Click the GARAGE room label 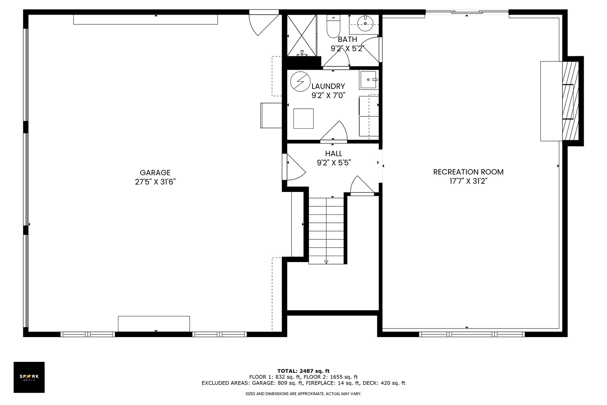pyautogui.click(x=155, y=172)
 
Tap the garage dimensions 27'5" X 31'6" pyautogui.click(x=155, y=182)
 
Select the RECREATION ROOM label pyautogui.click(x=468, y=172)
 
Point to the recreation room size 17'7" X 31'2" pyautogui.click(x=468, y=181)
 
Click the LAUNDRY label pyautogui.click(x=328, y=86)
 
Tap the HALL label pyautogui.click(x=333, y=153)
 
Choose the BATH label pyautogui.click(x=347, y=39)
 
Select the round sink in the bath pyautogui.click(x=365, y=24)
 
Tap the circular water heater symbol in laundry pyautogui.click(x=301, y=81)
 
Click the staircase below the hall pyautogui.click(x=326, y=231)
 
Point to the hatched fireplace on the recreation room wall pyautogui.click(x=571, y=100)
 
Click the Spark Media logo pyautogui.click(x=29, y=377)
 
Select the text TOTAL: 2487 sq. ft pyautogui.click(x=303, y=371)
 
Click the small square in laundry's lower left pyautogui.click(x=303, y=118)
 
